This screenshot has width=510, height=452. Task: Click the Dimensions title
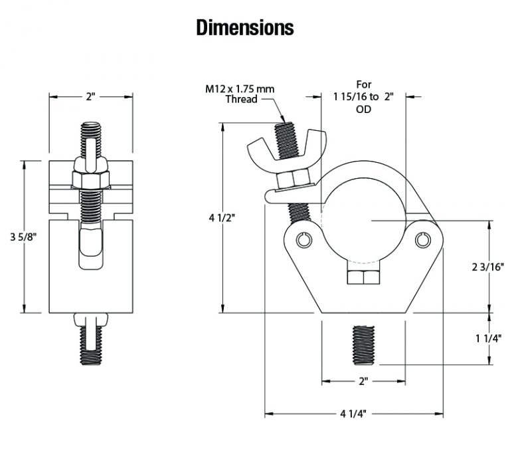pyautogui.click(x=245, y=27)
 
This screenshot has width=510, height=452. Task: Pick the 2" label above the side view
pyautogui.click(x=90, y=96)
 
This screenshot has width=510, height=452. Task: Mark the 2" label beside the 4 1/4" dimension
pyautogui.click(x=363, y=382)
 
